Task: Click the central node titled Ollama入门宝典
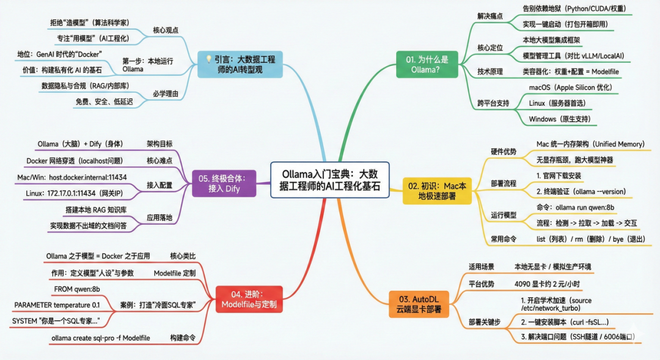click(x=330, y=180)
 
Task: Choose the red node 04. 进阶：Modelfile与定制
click(x=244, y=299)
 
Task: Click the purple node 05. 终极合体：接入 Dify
click(x=223, y=183)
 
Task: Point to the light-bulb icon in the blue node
click(x=208, y=59)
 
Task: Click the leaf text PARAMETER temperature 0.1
click(x=57, y=304)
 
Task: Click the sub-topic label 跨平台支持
click(x=493, y=103)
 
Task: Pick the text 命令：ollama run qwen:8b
click(x=576, y=207)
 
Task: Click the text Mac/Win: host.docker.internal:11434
click(x=72, y=177)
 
